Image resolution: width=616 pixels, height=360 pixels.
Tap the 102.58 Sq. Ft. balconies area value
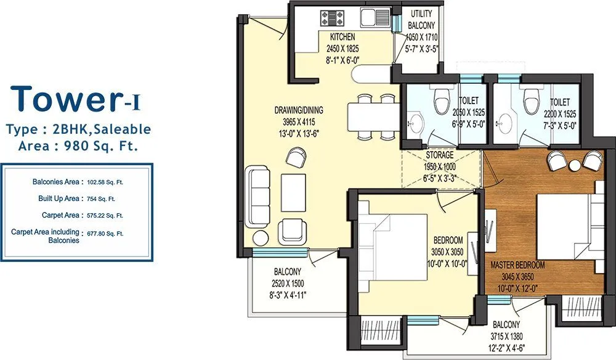click(x=106, y=182)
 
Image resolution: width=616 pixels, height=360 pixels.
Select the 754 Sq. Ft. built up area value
click(x=100, y=198)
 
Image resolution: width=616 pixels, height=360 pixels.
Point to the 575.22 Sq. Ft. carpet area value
click(x=105, y=216)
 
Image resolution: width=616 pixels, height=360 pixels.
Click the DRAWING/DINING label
click(x=299, y=110)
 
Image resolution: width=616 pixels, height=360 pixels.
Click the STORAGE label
click(x=440, y=155)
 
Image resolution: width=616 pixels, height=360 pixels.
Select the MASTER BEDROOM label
click(x=517, y=264)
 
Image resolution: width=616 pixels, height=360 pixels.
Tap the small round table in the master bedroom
click(x=575, y=165)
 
